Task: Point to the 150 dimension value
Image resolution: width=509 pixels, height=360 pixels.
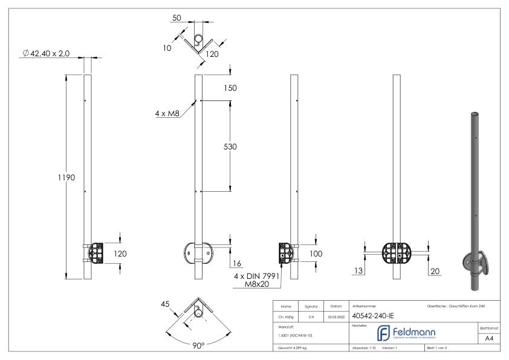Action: pos(229,88)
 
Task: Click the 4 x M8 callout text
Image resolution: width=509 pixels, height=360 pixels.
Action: pos(167,113)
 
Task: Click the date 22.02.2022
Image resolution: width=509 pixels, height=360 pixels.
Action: pos(336,315)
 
